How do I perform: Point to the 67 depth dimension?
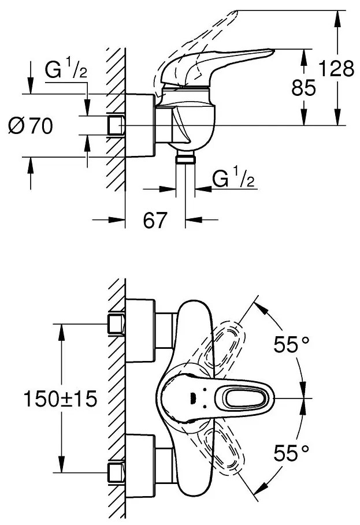tap(155, 221)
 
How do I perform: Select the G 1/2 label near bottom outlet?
tap(233, 180)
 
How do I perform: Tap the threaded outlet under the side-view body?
tap(185, 159)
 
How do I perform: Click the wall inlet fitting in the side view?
tap(116, 125)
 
